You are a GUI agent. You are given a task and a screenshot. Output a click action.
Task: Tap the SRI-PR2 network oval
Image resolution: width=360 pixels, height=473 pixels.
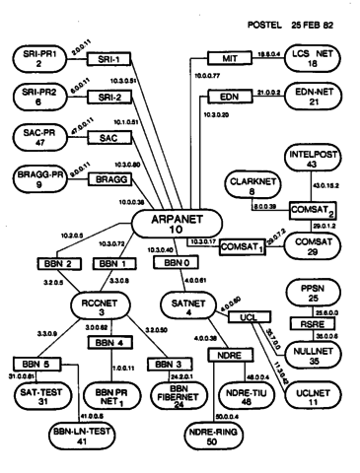38,97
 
